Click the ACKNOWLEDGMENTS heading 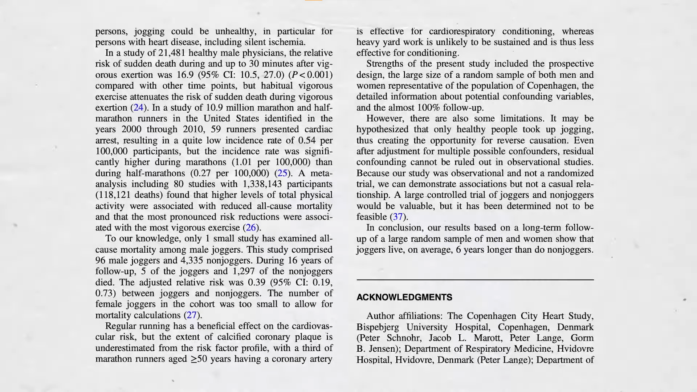[x=404, y=297]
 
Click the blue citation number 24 [x=138, y=108]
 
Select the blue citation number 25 [x=282, y=173]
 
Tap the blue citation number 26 [x=251, y=228]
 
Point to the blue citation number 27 [x=191, y=315]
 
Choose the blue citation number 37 [x=398, y=217]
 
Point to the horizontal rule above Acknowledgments [x=475, y=280]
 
